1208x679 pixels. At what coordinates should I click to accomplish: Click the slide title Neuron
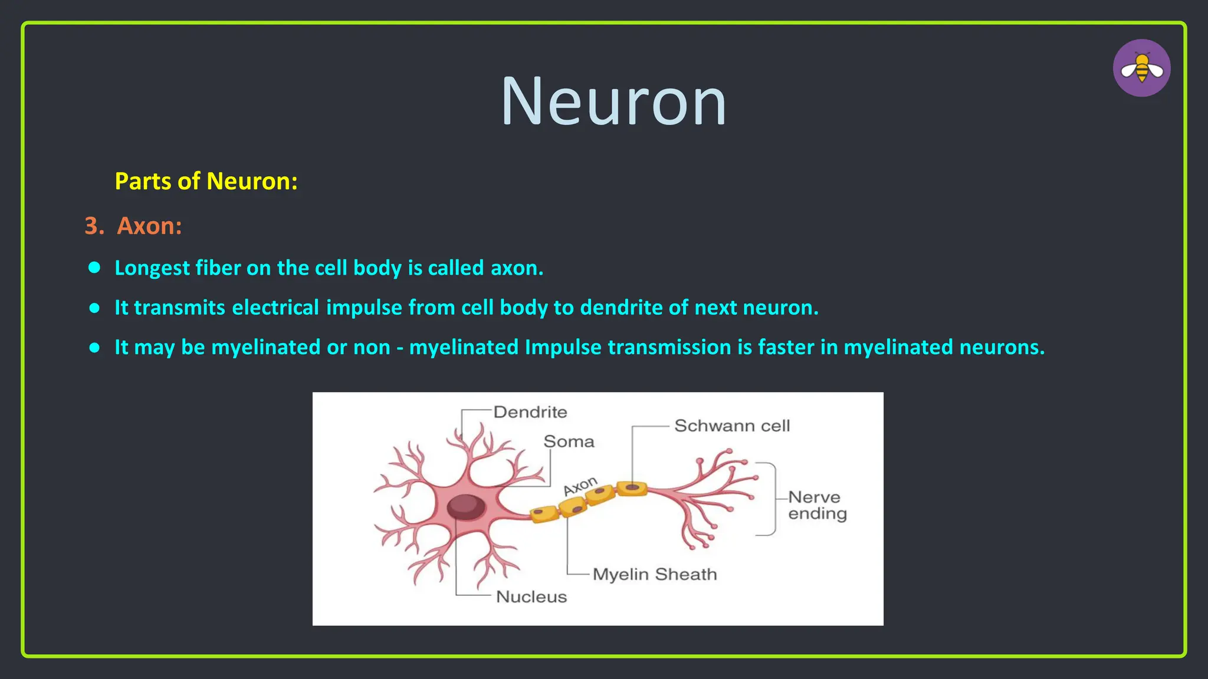(x=613, y=102)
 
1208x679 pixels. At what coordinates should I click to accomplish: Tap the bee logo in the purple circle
(x=1141, y=68)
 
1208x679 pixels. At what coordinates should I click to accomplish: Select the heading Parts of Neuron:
(x=206, y=181)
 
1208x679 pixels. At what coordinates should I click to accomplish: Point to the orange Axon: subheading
(x=149, y=226)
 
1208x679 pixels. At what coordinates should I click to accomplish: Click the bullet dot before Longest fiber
(x=94, y=268)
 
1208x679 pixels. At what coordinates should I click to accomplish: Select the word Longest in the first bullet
(x=152, y=268)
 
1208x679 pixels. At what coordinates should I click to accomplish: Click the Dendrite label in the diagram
(x=530, y=412)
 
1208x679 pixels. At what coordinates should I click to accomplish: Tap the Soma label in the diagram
(x=569, y=441)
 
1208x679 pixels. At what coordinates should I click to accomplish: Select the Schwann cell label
(x=731, y=426)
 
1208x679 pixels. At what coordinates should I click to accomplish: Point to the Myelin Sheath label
(x=654, y=574)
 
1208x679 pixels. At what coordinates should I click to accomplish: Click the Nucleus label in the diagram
(x=531, y=596)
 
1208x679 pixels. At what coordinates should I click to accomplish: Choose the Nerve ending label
(x=816, y=505)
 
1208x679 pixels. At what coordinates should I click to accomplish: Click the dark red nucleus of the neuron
(x=466, y=506)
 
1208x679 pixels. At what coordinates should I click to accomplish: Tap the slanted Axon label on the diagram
(x=580, y=486)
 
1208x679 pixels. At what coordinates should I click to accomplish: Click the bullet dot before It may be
(x=94, y=347)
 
